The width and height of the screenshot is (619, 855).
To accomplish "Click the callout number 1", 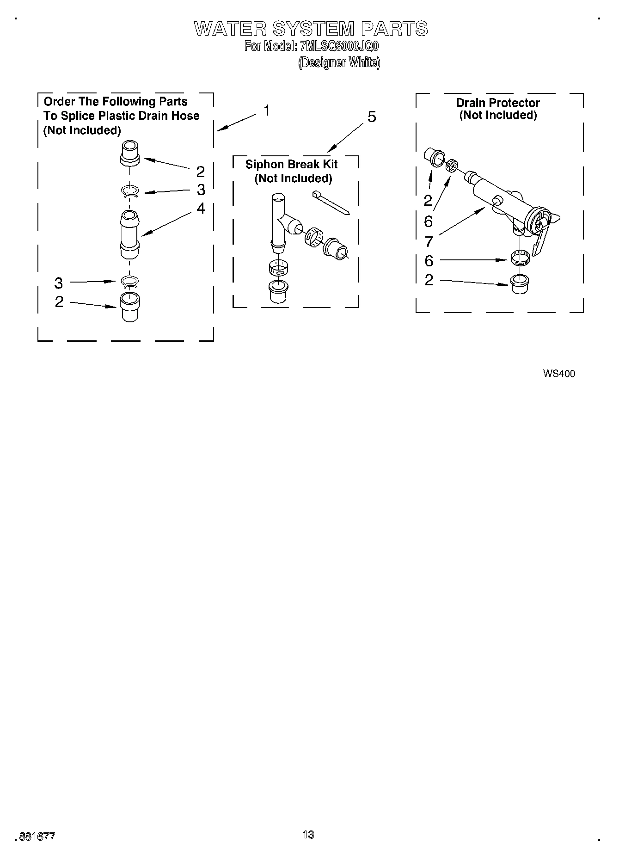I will (267, 111).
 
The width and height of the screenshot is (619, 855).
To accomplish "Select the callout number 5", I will (372, 117).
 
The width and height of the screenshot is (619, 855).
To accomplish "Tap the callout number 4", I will (201, 209).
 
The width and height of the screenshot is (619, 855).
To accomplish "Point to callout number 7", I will (429, 241).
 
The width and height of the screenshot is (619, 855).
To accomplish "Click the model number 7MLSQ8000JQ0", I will (339, 47).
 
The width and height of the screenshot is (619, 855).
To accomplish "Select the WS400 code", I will (559, 374).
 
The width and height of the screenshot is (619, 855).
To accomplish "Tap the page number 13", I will (308, 835).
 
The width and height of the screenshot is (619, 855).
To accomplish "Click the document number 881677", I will (37, 837).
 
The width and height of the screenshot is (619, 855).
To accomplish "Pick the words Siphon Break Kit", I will (291, 164).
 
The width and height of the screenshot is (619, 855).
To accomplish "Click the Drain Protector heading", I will (498, 103).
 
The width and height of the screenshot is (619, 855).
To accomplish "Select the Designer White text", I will (339, 62).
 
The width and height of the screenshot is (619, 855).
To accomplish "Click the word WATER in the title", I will (230, 29).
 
